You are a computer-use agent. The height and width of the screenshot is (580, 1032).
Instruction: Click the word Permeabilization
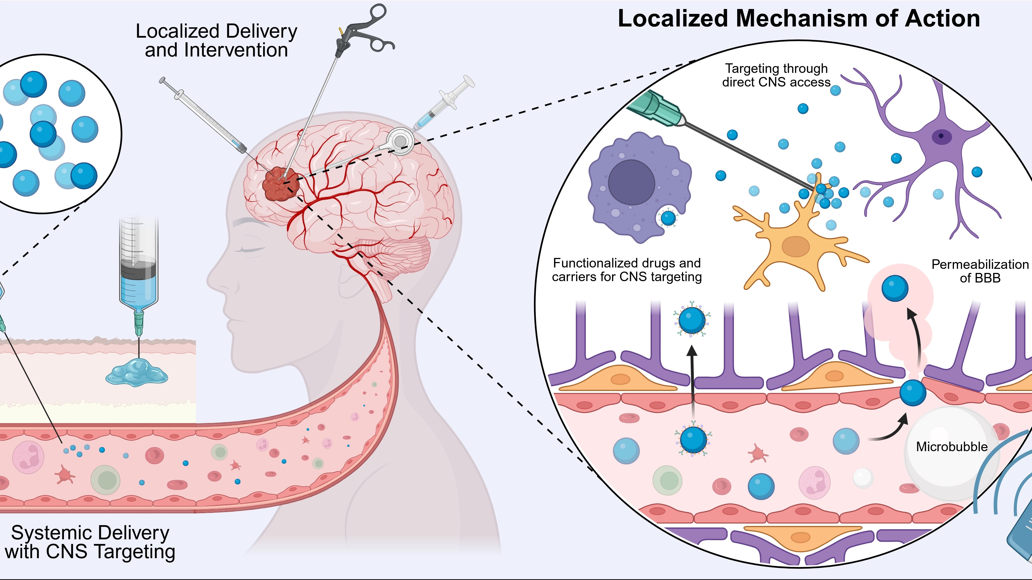980,264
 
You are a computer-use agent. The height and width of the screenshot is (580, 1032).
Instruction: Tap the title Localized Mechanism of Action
799,19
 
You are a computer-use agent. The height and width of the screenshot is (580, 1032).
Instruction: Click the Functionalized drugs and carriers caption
627,270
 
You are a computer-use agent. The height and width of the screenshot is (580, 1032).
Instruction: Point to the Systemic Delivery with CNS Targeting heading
90,542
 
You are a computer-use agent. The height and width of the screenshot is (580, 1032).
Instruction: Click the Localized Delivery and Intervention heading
216,40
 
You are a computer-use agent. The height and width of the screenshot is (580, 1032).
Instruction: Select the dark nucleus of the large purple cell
631,183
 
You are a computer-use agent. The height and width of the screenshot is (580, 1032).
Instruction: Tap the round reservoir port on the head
399,141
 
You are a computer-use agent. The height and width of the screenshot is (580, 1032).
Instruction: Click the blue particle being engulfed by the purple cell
668,218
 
